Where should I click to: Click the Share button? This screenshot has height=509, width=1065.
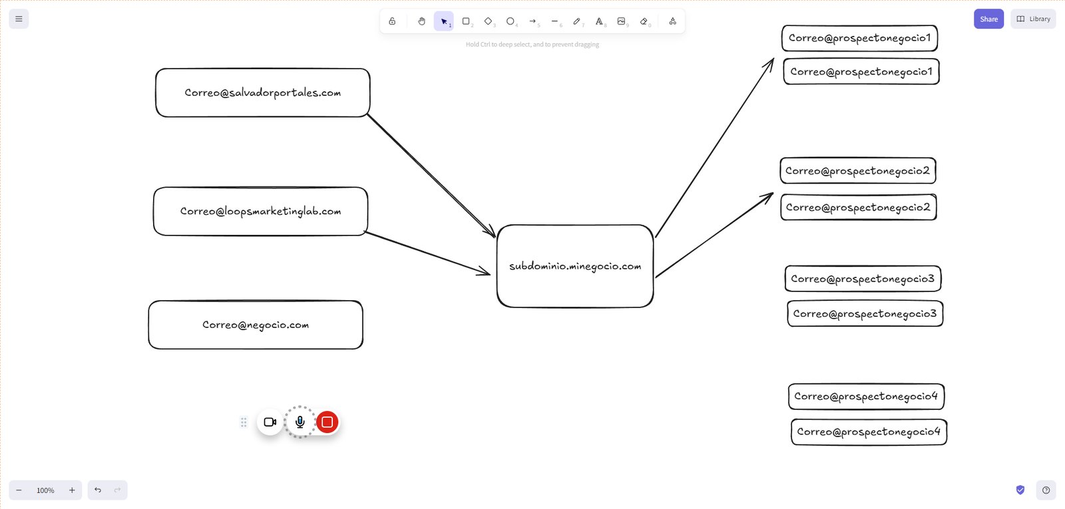tap(988, 19)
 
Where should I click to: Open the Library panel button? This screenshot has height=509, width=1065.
tap(1033, 19)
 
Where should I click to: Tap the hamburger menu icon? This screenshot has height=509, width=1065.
tap(19, 19)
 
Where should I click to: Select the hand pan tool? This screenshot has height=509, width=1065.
tap(421, 21)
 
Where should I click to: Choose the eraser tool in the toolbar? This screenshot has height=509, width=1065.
tap(644, 21)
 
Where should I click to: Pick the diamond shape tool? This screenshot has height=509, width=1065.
tap(489, 21)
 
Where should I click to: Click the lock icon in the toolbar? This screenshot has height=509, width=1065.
tap(392, 21)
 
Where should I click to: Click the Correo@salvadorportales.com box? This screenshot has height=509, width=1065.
tap(262, 92)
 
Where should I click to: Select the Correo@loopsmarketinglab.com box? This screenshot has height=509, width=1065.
tap(260, 211)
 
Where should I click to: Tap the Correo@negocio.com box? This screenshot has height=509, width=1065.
tap(256, 325)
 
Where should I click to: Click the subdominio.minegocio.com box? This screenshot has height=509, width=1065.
tap(575, 266)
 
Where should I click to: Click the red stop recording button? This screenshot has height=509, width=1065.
tap(327, 422)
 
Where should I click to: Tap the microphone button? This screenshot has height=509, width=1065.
tap(300, 422)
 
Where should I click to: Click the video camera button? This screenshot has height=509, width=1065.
tap(270, 422)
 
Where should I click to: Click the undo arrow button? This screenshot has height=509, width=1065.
tap(97, 490)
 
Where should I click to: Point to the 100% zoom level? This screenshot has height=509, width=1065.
tap(45, 490)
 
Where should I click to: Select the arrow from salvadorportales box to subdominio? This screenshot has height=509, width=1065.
tap(432, 176)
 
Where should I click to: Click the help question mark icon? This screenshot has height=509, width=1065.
tap(1046, 490)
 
